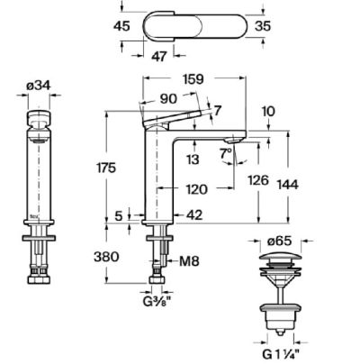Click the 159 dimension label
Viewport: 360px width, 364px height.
(x=194, y=79)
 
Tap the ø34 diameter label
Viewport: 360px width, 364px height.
(x=39, y=86)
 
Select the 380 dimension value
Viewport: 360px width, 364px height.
(x=106, y=257)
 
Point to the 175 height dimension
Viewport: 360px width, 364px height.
(x=106, y=168)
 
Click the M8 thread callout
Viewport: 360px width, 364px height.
(x=189, y=261)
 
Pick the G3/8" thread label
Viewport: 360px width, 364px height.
(x=157, y=302)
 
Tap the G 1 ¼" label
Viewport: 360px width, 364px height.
(x=281, y=354)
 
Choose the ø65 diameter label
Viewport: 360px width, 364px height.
(x=281, y=241)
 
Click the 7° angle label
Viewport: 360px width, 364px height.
(x=225, y=154)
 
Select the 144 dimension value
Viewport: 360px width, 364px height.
(x=288, y=184)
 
